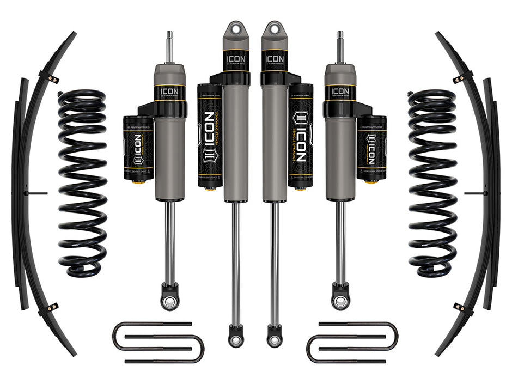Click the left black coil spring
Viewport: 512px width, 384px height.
(82, 182)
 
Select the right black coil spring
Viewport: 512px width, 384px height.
(432, 182)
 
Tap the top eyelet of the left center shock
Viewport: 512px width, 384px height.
(236, 28)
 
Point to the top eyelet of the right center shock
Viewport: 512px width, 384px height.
(272, 28)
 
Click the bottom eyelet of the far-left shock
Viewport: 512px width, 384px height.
(169, 301)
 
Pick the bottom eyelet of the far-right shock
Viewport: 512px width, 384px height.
(340, 301)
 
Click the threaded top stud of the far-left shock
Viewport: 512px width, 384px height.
(169, 46)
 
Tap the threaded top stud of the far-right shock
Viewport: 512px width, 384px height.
(340, 46)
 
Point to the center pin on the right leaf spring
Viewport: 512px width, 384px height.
(473, 193)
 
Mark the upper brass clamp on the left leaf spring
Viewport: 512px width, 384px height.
(53, 78)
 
